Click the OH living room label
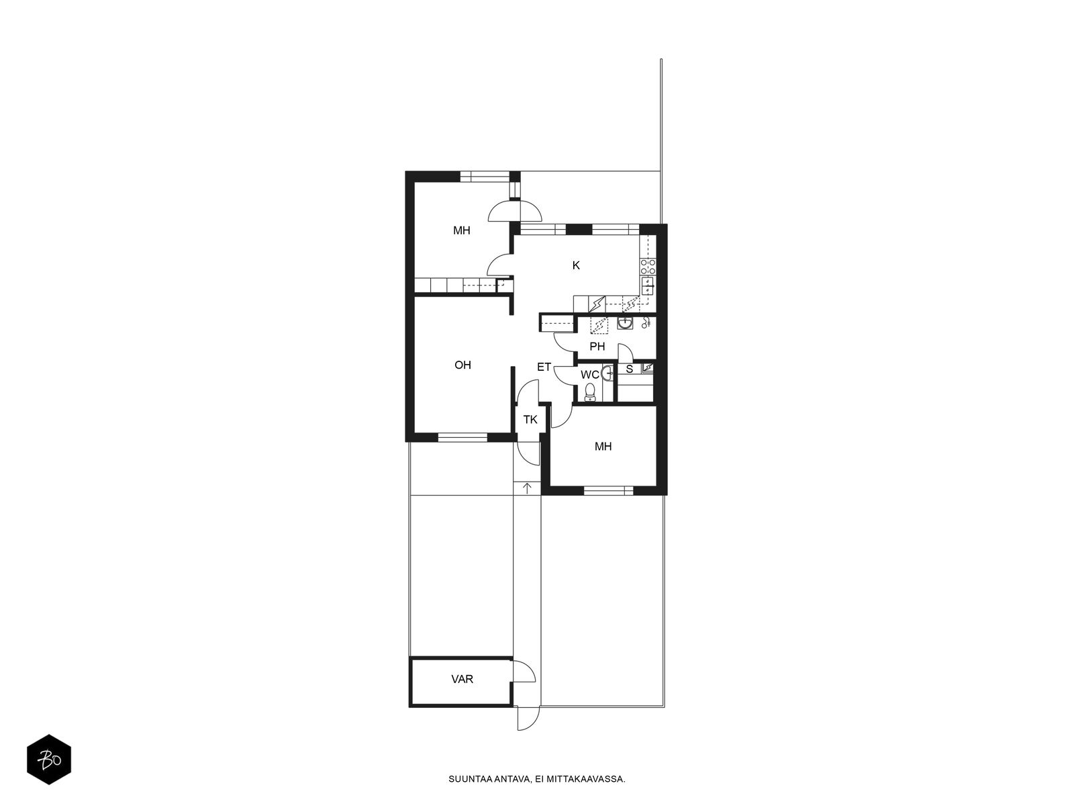tap(462, 365)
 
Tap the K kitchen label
tap(576, 265)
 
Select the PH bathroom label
tap(597, 347)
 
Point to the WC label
tap(589, 375)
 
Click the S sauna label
tap(629, 369)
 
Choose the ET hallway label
tap(544, 367)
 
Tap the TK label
tap(530, 419)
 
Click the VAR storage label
tap(462, 679)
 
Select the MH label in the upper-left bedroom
tap(461, 230)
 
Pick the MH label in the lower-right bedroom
tap(603, 446)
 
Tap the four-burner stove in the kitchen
tap(648, 267)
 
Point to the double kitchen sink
tap(648, 285)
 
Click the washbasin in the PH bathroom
tap(625, 323)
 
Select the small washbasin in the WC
tap(607, 373)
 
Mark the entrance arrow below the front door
tap(527, 488)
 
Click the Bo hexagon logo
tap(49, 760)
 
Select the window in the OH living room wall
tap(462, 437)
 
